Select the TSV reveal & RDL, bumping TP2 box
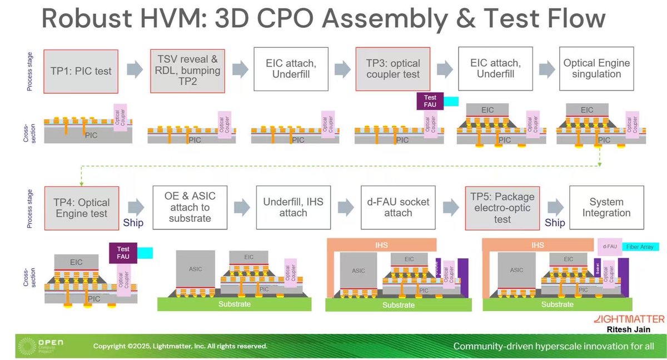pyautogui.click(x=187, y=71)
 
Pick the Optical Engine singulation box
pyautogui.click(x=596, y=69)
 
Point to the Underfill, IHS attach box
pyautogui.click(x=294, y=207)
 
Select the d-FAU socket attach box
pyautogui.click(x=398, y=207)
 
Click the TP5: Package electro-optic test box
pyautogui.click(x=502, y=207)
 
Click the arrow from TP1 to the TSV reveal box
pyautogui.click(x=135, y=70)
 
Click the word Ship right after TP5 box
pyautogui.click(x=555, y=223)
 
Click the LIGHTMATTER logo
pyautogui.click(x=629, y=319)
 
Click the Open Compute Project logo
pyautogui.click(x=41, y=346)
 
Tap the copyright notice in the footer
pyautogui.click(x=180, y=346)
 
